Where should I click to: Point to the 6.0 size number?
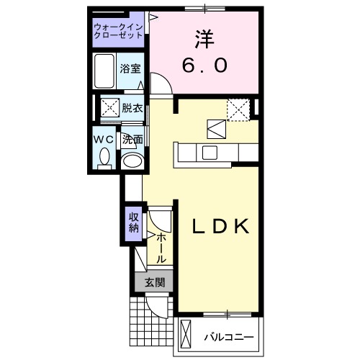click(205, 66)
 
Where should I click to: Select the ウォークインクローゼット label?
click(119, 32)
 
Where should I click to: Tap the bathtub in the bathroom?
click(106, 71)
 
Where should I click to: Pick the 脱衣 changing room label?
click(131, 109)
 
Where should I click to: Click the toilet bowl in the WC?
click(104, 156)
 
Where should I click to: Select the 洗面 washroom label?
click(132, 140)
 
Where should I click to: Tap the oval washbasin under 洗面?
click(132, 160)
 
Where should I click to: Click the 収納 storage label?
click(133, 222)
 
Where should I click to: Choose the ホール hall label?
click(161, 246)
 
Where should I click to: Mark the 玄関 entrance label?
click(153, 282)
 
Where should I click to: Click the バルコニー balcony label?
click(228, 336)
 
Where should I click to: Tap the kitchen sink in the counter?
click(210, 152)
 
